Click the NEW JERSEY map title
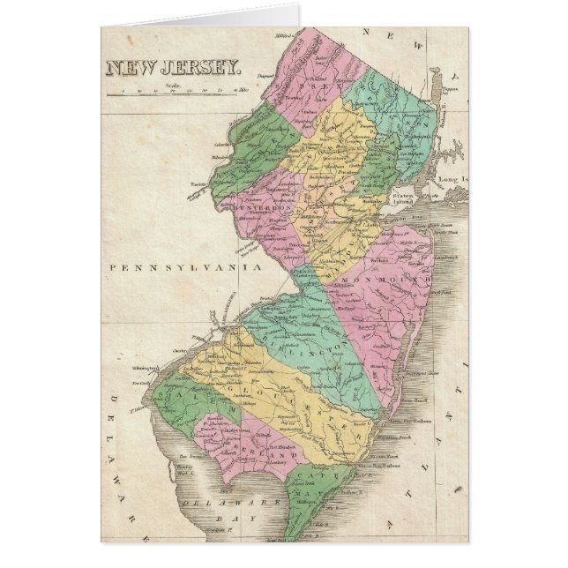[x=172, y=65]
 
